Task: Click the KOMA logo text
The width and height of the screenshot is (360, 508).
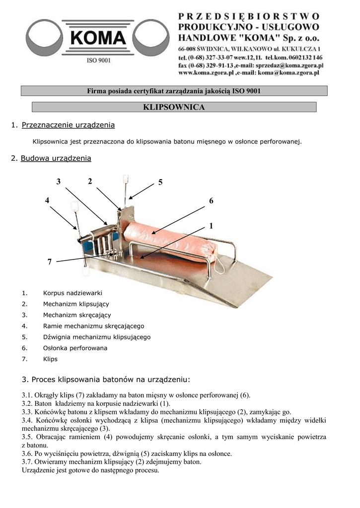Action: coord(98,38)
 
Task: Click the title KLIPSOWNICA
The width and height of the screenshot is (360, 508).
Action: coord(174,107)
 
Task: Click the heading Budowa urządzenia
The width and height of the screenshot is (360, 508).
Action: coord(56,159)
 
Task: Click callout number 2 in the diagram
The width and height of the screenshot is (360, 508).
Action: coord(90,182)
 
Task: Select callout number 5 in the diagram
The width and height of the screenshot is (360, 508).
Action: coord(160,183)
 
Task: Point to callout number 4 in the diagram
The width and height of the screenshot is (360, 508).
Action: coord(47,200)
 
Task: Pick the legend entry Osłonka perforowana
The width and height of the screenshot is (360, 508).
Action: coord(75,348)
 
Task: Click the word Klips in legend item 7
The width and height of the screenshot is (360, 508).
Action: coord(50,359)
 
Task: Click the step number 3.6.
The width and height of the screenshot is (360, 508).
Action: coord(27,453)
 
